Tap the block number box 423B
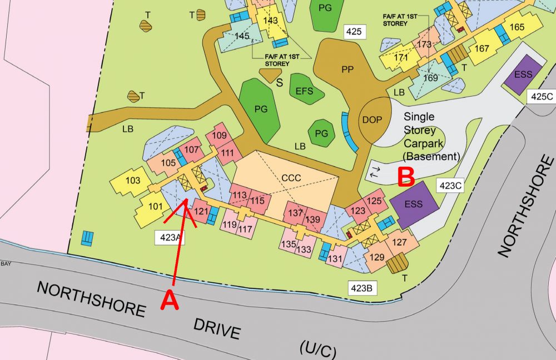click(363, 288)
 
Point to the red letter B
click(406, 176)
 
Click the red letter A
click(170, 301)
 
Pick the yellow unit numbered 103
click(133, 181)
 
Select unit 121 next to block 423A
click(201, 211)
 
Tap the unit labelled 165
click(517, 27)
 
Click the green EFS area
click(305, 91)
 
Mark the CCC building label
click(291, 178)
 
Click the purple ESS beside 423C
click(414, 204)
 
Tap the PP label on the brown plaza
click(348, 70)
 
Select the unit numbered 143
click(270, 21)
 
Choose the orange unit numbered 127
click(400, 242)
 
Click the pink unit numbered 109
click(220, 136)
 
